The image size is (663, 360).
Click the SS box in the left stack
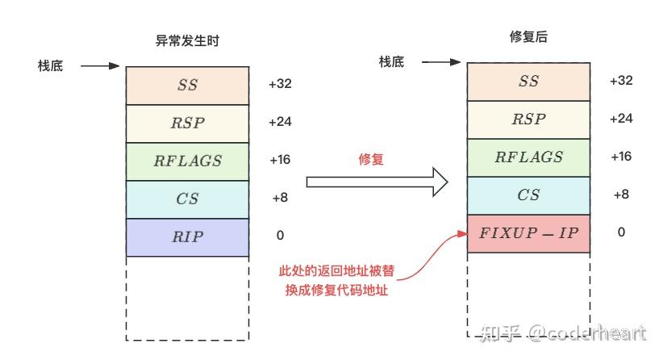point(187,84)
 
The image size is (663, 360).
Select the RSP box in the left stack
point(187,123)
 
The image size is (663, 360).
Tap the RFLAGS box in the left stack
point(187,161)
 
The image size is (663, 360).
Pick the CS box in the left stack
point(187,199)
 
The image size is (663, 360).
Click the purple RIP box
point(187,237)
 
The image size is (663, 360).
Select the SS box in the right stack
point(528,82)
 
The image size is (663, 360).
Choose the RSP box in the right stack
point(528,119)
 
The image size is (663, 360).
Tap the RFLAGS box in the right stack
point(528,157)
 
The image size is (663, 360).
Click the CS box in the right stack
point(528,195)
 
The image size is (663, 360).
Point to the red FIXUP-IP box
point(528,233)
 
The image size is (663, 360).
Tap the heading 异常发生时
point(187,40)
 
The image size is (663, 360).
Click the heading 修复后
point(529,37)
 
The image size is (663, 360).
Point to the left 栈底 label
point(50,65)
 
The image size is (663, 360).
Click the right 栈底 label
point(391,62)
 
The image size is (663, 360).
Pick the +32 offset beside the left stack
point(280,84)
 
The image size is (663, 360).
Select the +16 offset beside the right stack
point(620,157)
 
